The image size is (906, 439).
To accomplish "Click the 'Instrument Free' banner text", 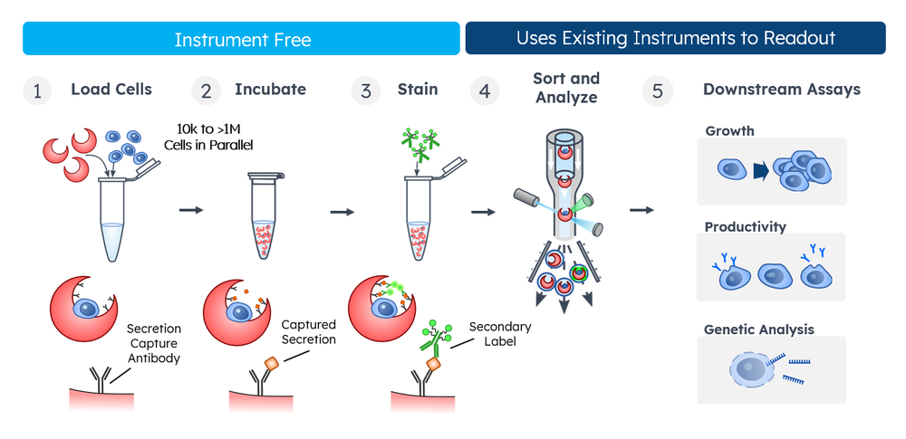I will [x=242, y=40].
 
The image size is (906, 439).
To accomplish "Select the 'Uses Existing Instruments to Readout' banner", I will [x=675, y=39].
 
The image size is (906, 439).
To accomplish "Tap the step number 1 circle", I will [x=37, y=91].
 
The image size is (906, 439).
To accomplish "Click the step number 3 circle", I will [x=365, y=91].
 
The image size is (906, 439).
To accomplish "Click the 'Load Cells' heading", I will [x=111, y=90].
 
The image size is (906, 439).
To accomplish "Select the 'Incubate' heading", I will [x=270, y=90].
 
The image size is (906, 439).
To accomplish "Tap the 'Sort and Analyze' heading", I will [x=566, y=88].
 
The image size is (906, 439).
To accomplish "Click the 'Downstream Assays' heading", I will [x=781, y=90].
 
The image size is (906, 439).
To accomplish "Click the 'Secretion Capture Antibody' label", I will [x=153, y=343].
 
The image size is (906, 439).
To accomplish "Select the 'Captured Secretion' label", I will [x=308, y=331].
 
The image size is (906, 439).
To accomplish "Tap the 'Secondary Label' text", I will [x=500, y=333].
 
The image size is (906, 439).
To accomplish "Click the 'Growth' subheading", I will [x=729, y=131].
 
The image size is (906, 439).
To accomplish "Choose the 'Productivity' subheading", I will [x=745, y=227].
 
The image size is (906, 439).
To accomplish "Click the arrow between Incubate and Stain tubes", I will [x=342, y=213].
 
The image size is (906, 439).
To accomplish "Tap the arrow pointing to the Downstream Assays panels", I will [x=641, y=210].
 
